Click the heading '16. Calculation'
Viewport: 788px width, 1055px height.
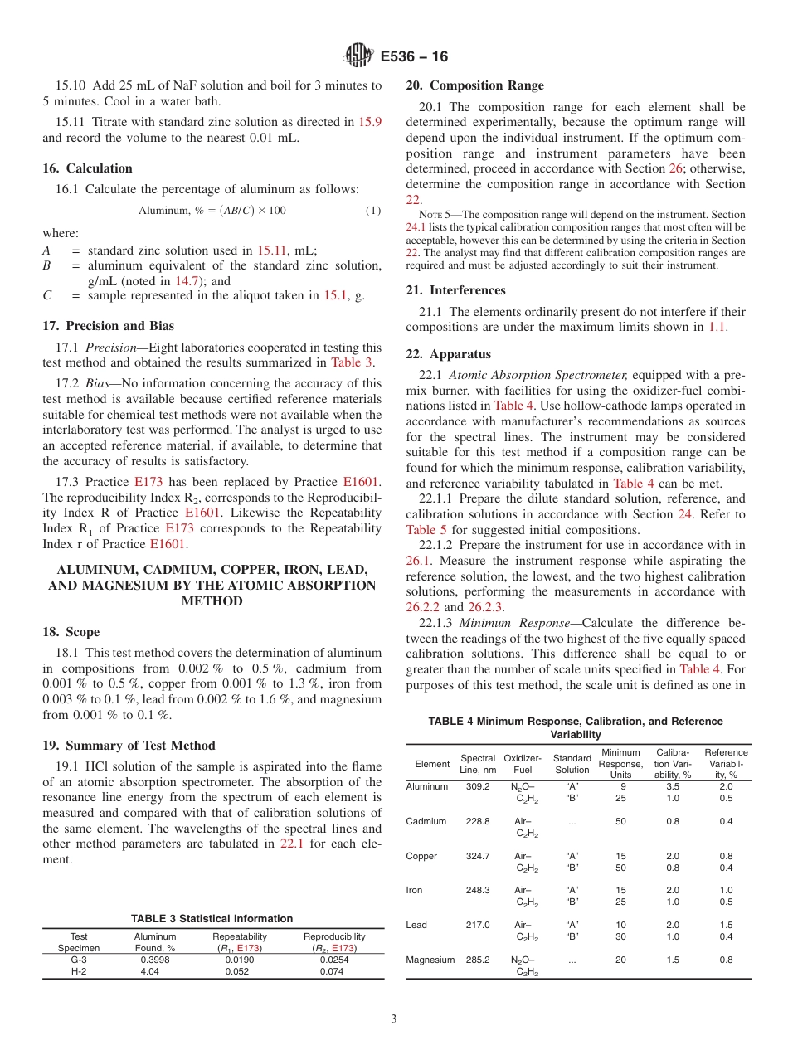click(x=87, y=168)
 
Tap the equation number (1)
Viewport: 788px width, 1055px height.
click(x=373, y=211)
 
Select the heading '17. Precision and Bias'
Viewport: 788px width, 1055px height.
click(x=108, y=326)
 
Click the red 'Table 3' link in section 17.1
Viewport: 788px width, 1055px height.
click(x=352, y=362)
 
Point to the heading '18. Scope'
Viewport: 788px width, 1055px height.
click(x=71, y=632)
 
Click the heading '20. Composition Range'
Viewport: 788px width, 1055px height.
click(x=474, y=85)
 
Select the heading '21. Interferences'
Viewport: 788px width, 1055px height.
click(x=455, y=290)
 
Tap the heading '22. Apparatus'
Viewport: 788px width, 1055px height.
click(x=448, y=354)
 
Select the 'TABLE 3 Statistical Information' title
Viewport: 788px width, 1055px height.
click(x=212, y=918)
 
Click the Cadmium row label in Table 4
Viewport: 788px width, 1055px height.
click(x=426, y=821)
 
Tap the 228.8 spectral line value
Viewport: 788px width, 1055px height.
click(x=477, y=821)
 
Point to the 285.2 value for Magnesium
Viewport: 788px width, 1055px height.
click(x=477, y=960)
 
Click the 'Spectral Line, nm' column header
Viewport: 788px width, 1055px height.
click(x=477, y=764)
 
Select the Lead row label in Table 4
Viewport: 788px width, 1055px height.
click(x=416, y=925)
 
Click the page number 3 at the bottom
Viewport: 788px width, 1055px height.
click(x=394, y=1019)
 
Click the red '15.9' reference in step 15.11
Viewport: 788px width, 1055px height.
click(x=369, y=122)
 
